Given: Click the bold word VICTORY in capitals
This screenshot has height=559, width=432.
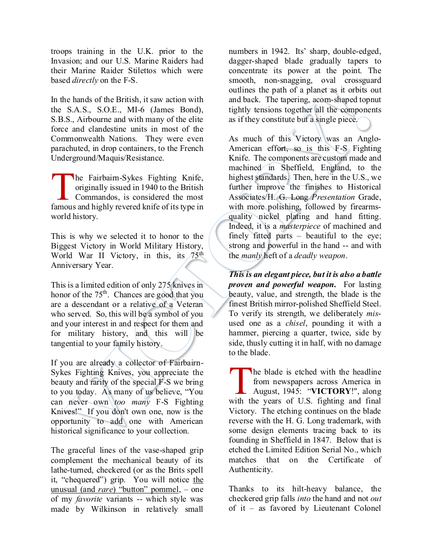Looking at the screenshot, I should (331, 391).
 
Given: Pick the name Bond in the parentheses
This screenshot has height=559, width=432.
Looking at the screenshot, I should (189, 110).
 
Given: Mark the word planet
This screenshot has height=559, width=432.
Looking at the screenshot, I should (307, 90).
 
